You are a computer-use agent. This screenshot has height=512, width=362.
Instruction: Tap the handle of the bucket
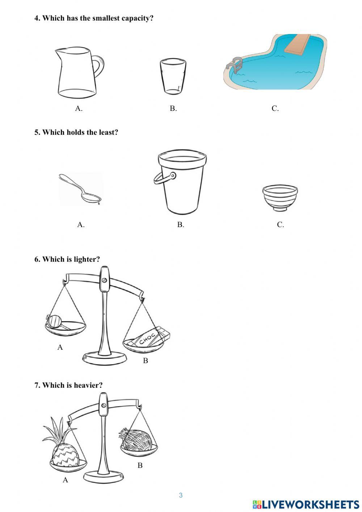click(163, 177)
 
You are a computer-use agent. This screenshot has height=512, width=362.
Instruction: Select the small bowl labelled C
click(280, 197)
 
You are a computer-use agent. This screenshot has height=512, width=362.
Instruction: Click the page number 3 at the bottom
click(181, 495)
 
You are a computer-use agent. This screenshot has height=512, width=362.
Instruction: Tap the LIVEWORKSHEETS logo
click(306, 504)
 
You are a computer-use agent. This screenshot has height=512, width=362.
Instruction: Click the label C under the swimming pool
click(275, 108)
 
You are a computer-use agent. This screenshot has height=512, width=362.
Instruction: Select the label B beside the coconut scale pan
click(140, 465)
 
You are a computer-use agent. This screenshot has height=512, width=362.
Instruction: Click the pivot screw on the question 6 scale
click(104, 280)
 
